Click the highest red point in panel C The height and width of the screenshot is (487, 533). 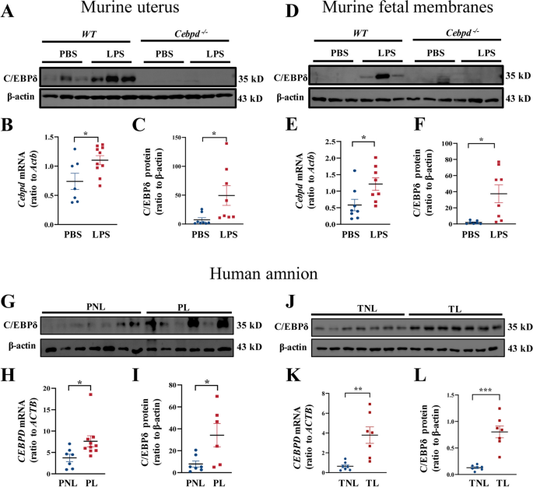point(226,143)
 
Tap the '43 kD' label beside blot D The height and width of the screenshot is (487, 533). point(518,100)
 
